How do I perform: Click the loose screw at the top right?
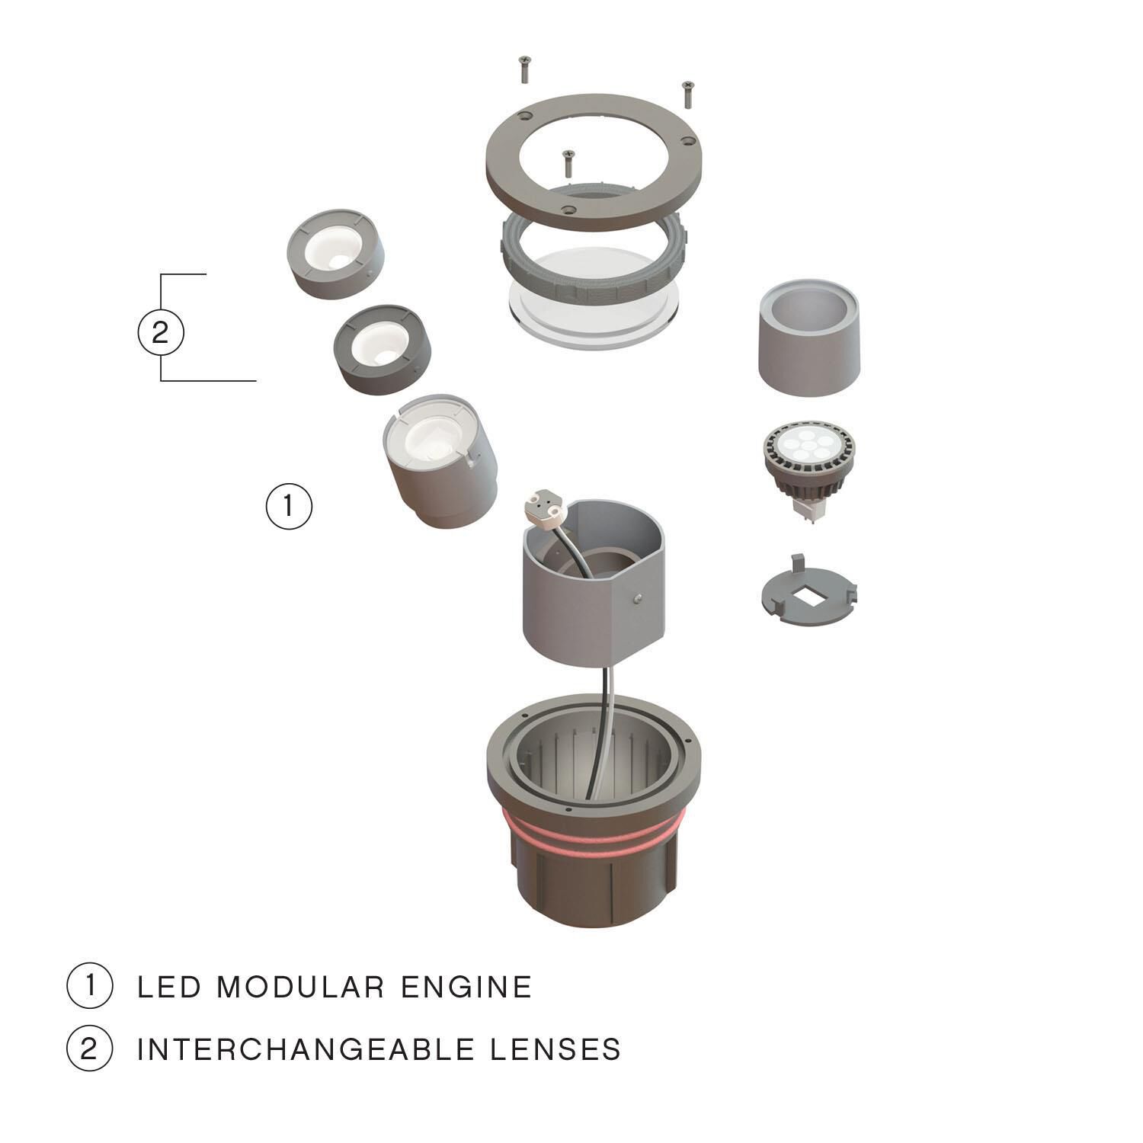coord(687,93)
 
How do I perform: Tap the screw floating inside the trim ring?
coord(567,162)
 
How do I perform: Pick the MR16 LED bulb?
coord(810,461)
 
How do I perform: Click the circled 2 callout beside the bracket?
coord(160,333)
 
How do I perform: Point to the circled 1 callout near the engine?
coord(289,505)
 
